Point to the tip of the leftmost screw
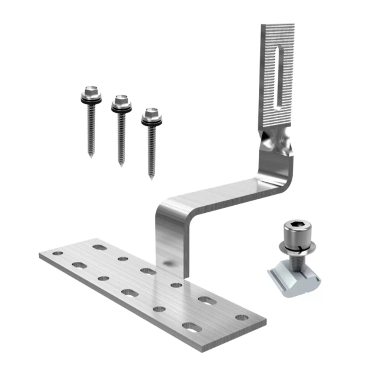point(92,156)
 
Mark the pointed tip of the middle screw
point(121,164)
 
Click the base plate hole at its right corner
point(241,317)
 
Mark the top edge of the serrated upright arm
point(278,26)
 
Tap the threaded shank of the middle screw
point(121,136)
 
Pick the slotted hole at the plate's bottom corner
point(192,326)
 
